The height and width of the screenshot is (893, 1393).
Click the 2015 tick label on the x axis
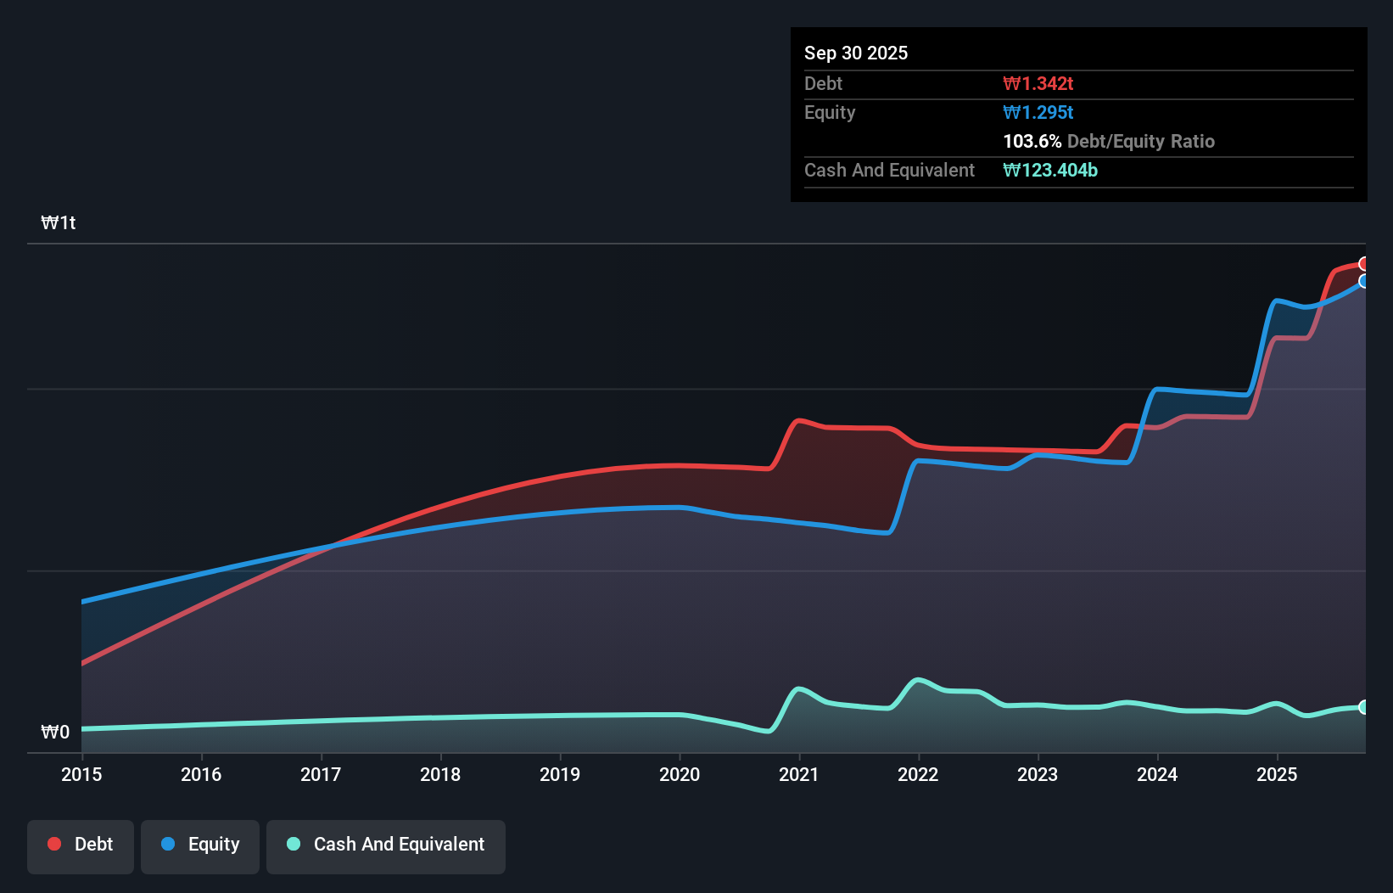(81, 774)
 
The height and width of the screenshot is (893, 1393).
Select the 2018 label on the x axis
(440, 774)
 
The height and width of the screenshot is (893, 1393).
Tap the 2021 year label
(799, 774)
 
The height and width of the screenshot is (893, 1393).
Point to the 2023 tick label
(1038, 774)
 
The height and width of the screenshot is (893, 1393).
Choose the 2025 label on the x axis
(1277, 774)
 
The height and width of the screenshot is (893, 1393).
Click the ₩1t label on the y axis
(59, 223)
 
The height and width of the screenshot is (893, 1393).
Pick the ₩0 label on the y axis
(55, 732)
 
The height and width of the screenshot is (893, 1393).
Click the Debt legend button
(81, 845)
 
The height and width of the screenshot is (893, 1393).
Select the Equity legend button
(200, 845)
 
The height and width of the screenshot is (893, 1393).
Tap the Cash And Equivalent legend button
(386, 845)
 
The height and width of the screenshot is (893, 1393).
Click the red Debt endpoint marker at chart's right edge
(1364, 264)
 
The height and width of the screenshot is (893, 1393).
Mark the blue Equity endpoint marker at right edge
(1364, 281)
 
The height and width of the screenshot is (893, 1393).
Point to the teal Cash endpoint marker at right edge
(1364, 707)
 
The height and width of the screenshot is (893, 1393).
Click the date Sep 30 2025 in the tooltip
(856, 53)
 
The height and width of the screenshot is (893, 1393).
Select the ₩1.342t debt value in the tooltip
(1038, 83)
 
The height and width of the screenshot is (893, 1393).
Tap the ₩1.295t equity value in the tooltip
(1038, 112)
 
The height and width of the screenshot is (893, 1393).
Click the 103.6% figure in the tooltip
(1032, 141)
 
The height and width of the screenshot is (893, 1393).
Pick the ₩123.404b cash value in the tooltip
(1050, 170)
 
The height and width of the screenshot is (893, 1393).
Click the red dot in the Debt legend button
(54, 844)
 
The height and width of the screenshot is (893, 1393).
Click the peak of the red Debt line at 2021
(798, 420)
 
